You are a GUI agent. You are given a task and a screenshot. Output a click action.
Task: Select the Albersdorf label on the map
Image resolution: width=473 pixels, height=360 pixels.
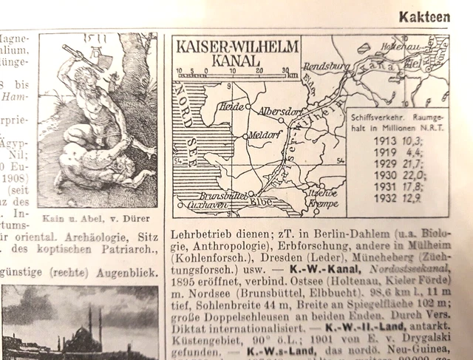279,111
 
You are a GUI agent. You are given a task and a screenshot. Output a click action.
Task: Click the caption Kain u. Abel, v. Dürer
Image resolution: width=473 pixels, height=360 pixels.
96,219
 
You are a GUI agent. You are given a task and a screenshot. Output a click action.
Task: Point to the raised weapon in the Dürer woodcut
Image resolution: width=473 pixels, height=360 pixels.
72,53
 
